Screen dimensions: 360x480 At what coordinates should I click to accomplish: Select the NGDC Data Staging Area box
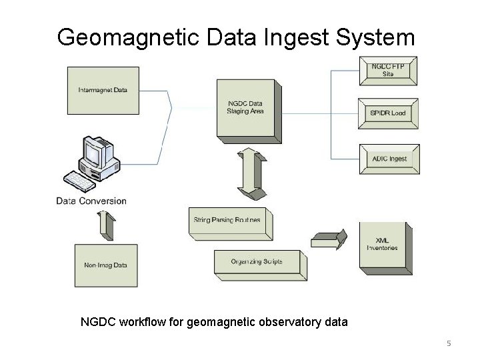(x=245, y=107)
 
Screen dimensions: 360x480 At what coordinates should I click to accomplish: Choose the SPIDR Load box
(x=388, y=113)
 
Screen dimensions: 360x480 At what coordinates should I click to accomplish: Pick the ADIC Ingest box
(x=389, y=159)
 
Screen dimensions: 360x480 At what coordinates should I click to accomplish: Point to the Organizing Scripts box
(x=257, y=261)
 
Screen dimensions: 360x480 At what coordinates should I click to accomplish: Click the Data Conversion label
(x=91, y=201)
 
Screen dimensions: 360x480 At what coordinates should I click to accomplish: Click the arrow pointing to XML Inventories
(x=330, y=237)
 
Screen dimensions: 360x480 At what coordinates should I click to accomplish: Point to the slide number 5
(x=449, y=343)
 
